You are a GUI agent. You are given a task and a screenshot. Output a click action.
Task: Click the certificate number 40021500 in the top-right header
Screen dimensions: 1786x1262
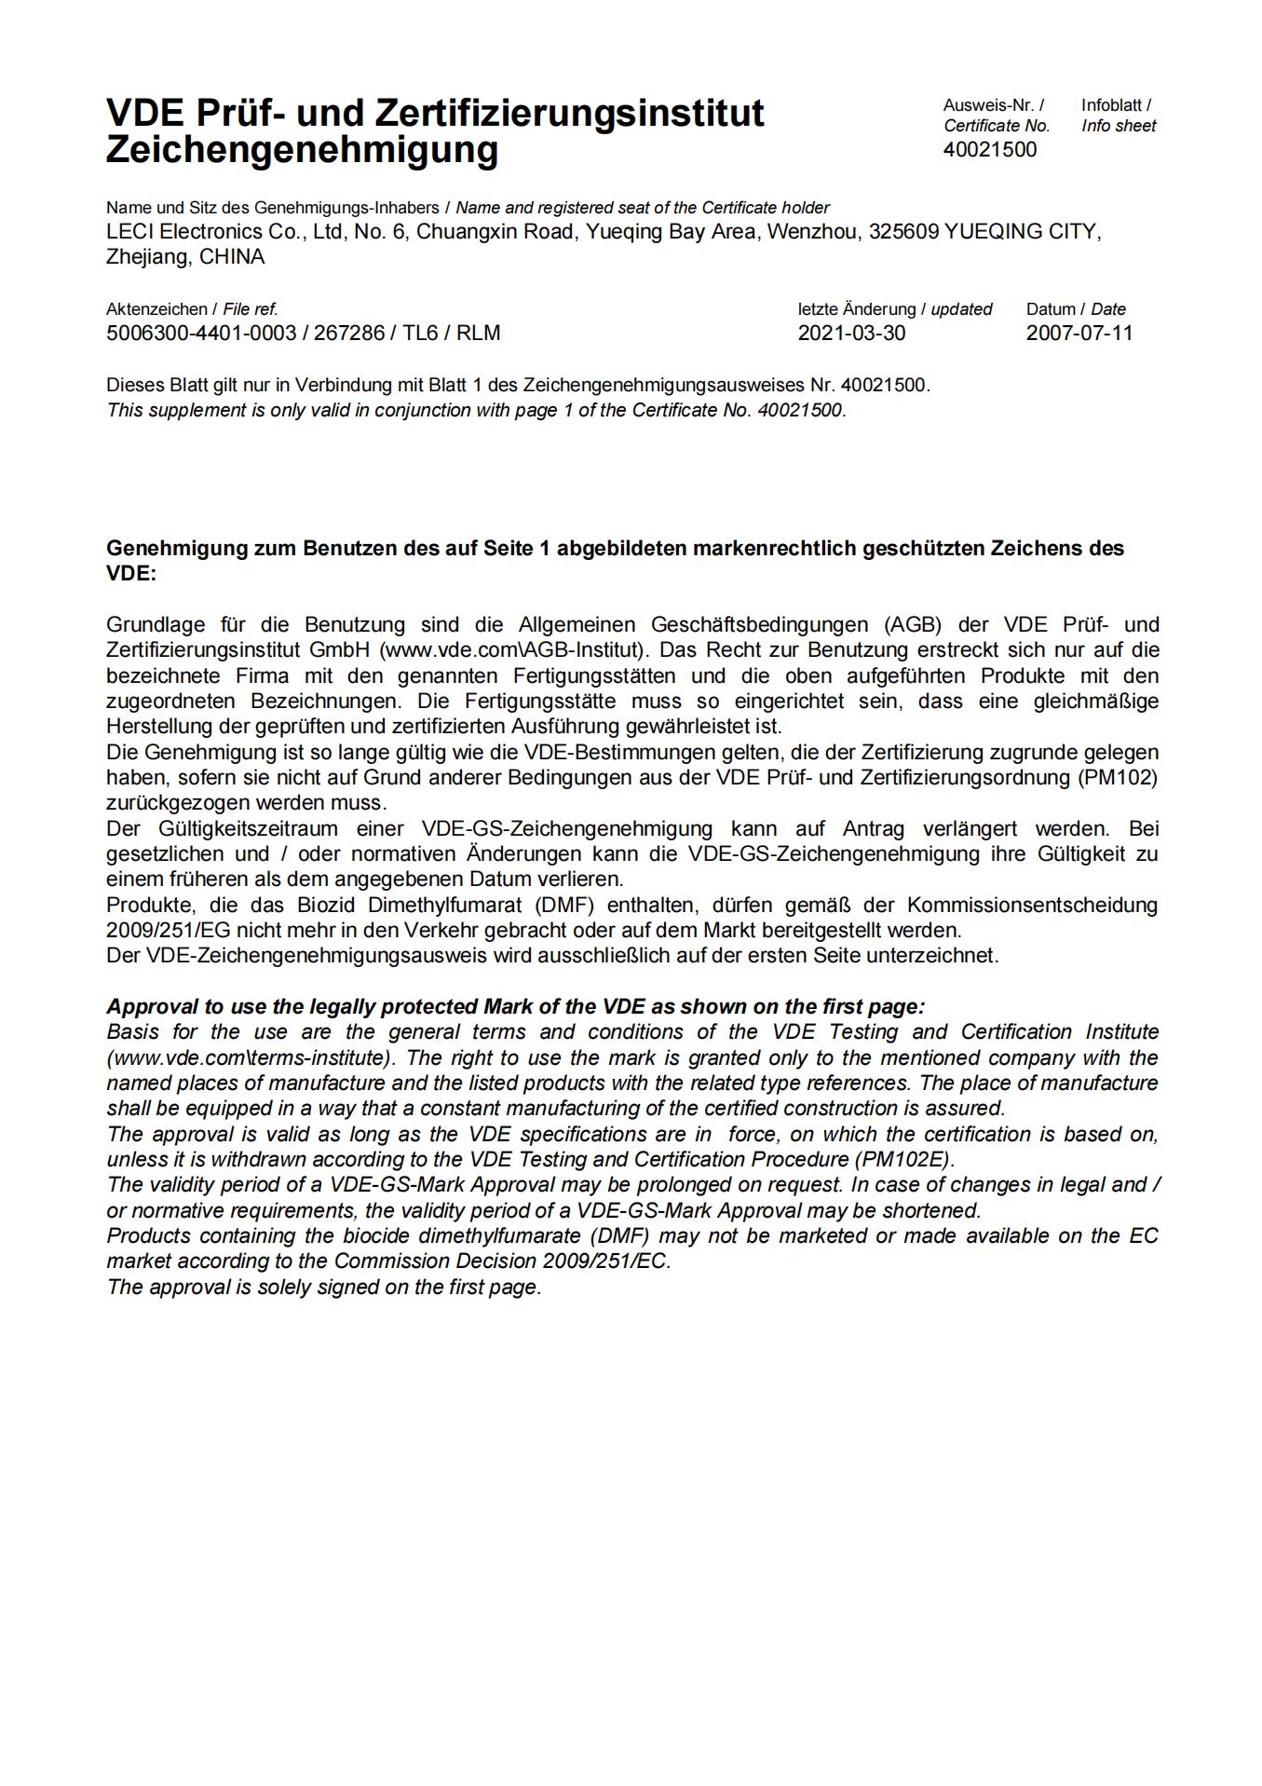pyautogui.click(x=989, y=150)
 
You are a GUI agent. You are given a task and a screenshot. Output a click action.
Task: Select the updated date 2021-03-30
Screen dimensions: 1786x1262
pyautogui.click(x=851, y=334)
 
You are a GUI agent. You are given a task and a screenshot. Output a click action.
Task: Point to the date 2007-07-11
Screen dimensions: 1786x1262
pyautogui.click(x=1079, y=334)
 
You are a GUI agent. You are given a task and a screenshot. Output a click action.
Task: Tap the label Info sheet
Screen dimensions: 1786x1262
pyautogui.click(x=1118, y=126)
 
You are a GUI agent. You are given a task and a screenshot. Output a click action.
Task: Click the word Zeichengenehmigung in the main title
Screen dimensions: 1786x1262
pyautogui.click(x=302, y=149)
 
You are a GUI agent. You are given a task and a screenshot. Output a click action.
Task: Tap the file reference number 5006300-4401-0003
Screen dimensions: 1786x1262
pyautogui.click(x=201, y=334)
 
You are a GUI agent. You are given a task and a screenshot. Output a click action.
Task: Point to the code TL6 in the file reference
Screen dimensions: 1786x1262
pyautogui.click(x=420, y=334)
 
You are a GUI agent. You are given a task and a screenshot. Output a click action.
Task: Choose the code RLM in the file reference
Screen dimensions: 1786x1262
pyautogui.click(x=478, y=334)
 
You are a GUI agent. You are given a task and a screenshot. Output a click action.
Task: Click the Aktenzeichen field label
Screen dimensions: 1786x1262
pyautogui.click(x=156, y=309)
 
